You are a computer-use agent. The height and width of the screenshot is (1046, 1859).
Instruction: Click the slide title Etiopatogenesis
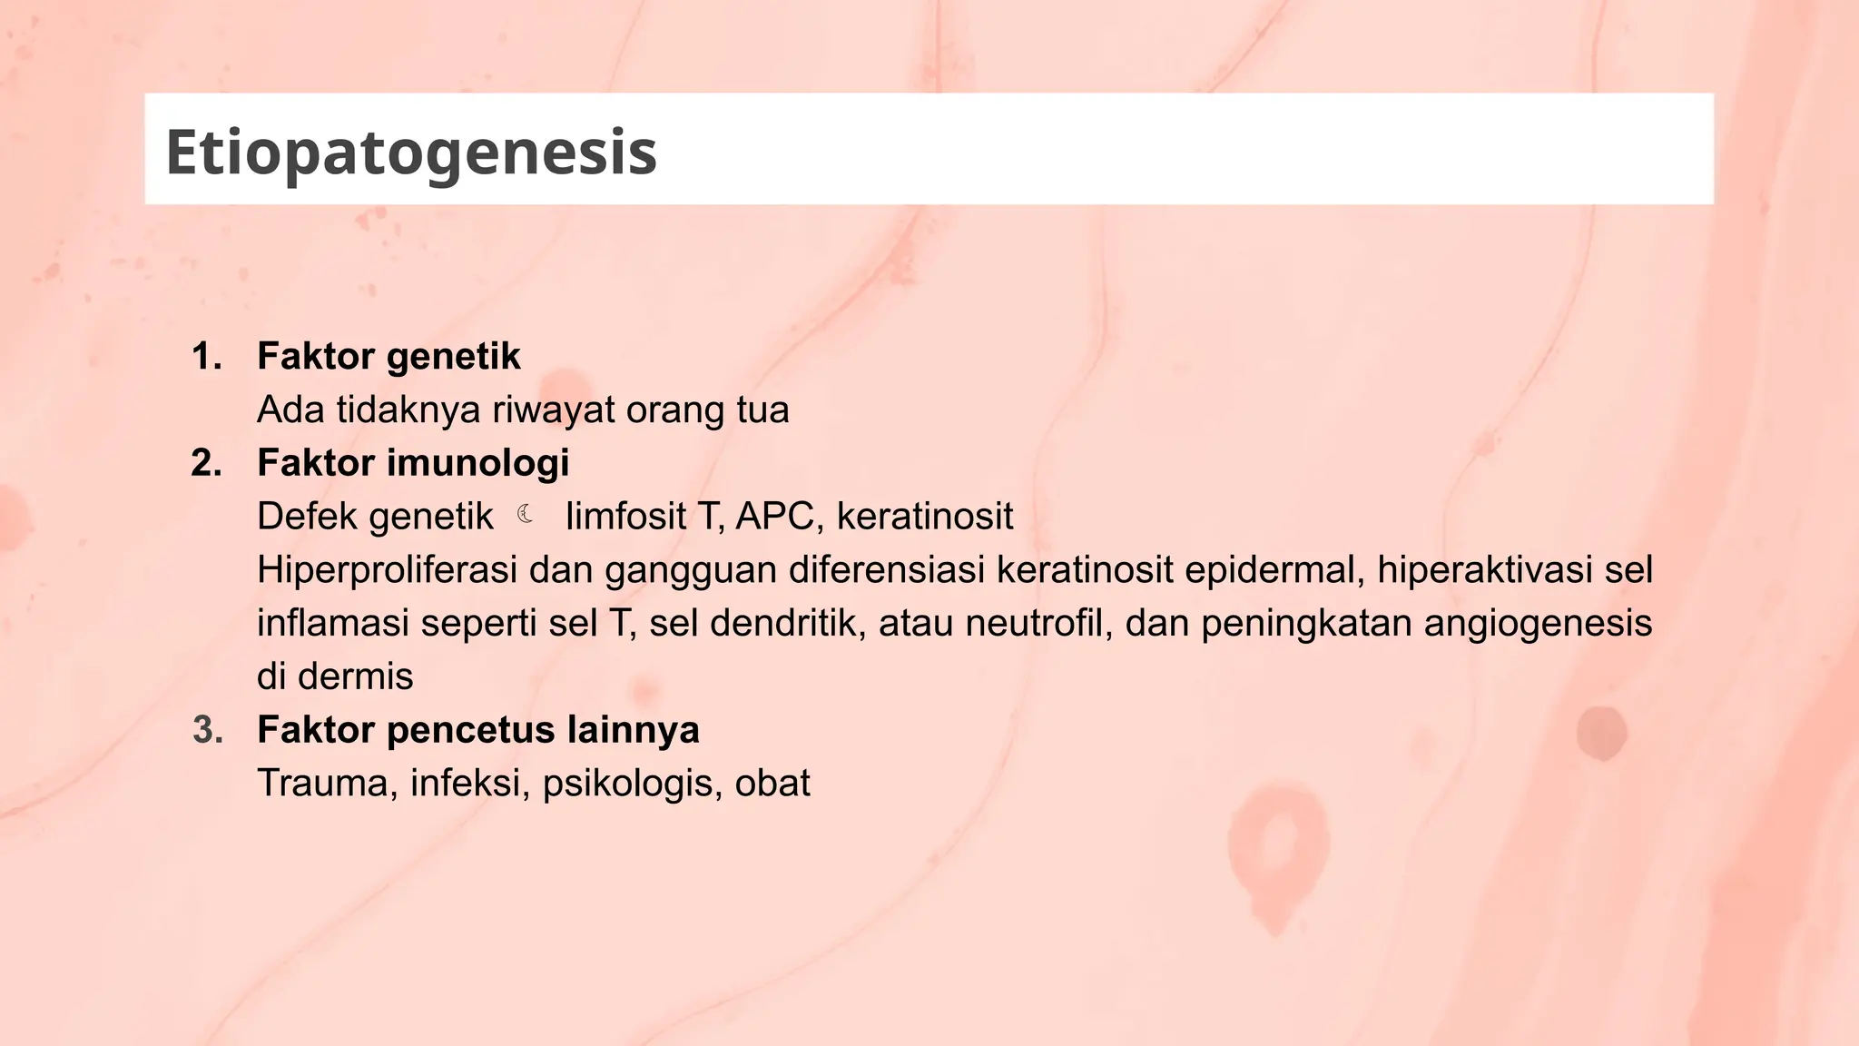(x=411, y=153)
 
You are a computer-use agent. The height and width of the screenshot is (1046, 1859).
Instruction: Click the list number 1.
(x=207, y=357)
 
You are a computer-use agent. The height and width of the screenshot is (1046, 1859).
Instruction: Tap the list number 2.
(x=207, y=464)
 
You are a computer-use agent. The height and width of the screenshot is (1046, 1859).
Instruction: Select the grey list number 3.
(x=208, y=731)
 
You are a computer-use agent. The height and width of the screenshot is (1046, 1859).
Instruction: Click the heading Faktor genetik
(x=389, y=357)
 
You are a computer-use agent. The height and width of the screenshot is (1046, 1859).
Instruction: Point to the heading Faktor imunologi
(x=413, y=464)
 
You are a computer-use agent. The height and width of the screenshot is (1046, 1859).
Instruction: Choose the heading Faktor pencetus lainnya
(x=478, y=731)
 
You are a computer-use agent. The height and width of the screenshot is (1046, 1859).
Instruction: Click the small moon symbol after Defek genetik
(x=526, y=516)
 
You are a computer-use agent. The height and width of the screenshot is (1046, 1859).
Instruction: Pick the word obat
(x=772, y=784)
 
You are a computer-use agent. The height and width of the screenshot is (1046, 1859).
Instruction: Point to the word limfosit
(x=625, y=517)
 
